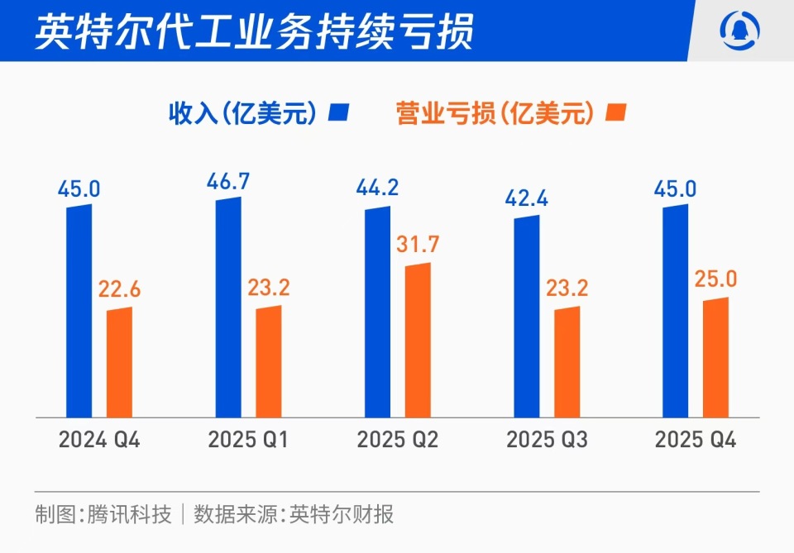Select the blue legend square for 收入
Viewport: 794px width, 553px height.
[339, 113]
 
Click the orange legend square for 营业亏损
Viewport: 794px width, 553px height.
[616, 113]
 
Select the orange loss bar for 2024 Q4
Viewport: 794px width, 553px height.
[119, 361]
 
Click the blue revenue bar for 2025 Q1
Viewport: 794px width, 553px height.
[228, 307]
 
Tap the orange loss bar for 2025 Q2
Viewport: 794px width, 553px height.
[418, 340]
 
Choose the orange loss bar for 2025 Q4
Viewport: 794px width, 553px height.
[715, 357]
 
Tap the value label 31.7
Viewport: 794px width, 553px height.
[418, 245]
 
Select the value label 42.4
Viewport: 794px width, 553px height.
[527, 198]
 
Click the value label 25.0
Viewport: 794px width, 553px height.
[715, 279]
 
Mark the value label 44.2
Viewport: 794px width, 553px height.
[377, 188]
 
